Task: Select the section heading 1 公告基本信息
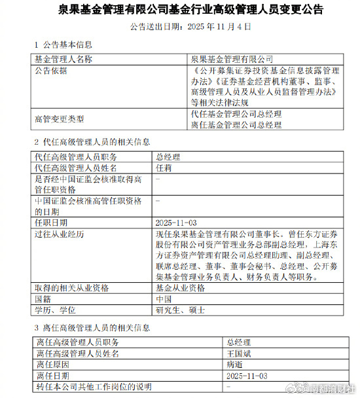coord(63,45)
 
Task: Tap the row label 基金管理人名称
coord(63,59)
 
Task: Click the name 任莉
coord(164,168)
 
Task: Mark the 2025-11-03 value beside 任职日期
coord(176,222)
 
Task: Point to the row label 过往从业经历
coord(58,233)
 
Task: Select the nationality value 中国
coord(164,298)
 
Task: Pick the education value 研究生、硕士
coord(180,310)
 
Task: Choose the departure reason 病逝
coord(234,365)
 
